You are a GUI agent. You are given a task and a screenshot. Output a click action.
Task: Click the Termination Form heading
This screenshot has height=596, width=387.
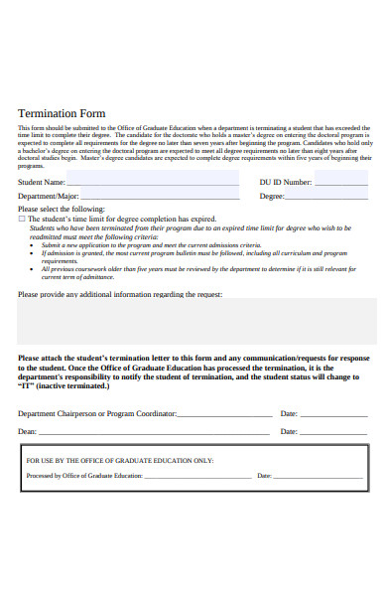[62, 113]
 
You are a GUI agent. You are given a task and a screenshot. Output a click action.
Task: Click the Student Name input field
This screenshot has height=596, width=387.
[153, 181]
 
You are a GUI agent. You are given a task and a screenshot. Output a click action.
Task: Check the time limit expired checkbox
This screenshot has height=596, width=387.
[22, 218]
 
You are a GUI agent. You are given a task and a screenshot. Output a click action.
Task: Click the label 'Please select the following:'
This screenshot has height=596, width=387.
[61, 209]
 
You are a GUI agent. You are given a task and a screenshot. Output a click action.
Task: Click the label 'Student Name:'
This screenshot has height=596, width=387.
[42, 182]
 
